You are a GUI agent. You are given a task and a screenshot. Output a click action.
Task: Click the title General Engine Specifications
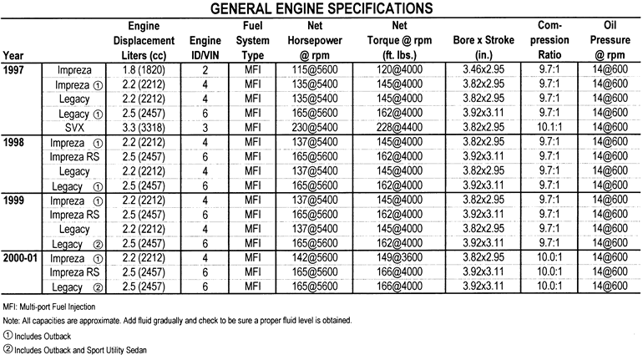click(321, 9)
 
